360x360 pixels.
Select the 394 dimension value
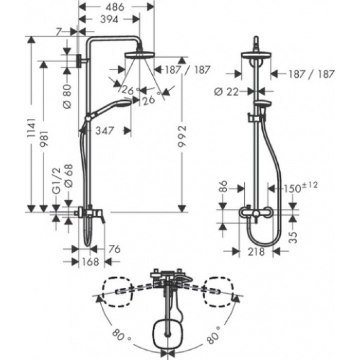[x=110, y=20]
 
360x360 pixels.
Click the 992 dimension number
[x=181, y=136]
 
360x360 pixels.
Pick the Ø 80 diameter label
[x=66, y=95]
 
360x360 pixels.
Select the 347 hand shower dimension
[x=105, y=130]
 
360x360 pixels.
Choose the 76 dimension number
[x=115, y=250]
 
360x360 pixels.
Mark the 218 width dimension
[x=256, y=251]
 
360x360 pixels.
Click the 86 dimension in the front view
[x=222, y=186]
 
